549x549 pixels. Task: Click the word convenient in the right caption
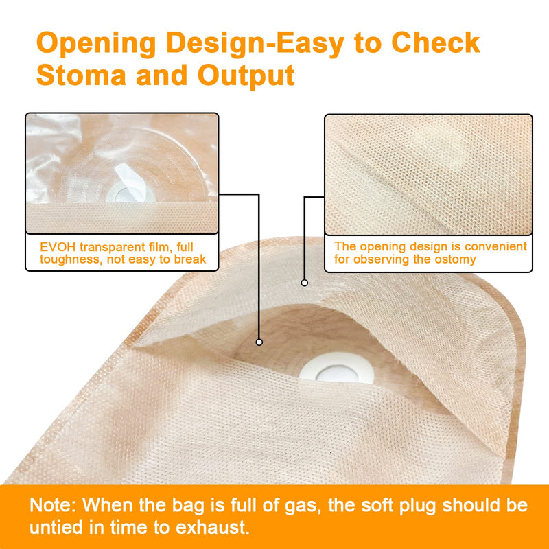(493, 246)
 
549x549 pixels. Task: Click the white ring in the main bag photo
(336, 369)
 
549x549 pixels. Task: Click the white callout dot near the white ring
(259, 341)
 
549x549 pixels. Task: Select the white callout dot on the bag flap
(304, 281)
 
